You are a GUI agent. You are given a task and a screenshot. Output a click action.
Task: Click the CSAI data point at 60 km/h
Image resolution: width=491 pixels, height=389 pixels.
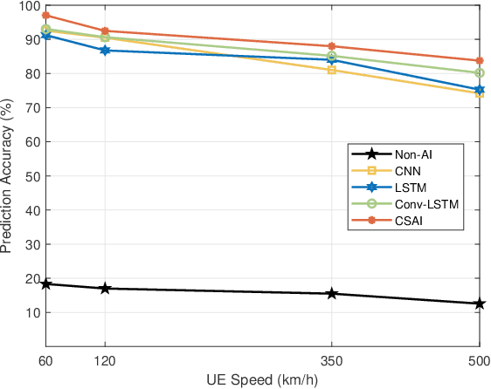pos(46,16)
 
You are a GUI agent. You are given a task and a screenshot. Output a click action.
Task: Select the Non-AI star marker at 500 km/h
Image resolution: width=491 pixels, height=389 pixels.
pos(480,304)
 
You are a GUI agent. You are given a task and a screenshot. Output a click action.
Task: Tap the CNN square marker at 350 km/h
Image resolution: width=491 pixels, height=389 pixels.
pos(332,70)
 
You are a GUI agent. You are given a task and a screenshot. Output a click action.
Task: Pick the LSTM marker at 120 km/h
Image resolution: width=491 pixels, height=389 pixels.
pos(106,51)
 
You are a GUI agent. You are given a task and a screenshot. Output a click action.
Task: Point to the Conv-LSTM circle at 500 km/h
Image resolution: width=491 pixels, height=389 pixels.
pos(480,73)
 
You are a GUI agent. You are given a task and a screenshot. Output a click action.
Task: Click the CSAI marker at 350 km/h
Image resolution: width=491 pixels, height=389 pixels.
pos(332,46)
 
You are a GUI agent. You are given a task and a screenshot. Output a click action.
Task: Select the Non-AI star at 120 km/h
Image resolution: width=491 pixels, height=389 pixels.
pos(106,288)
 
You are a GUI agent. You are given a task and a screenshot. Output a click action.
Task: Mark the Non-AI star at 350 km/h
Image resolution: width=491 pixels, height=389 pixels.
pos(332,294)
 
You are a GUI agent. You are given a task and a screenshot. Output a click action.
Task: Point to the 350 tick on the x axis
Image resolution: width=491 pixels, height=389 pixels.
pos(332,358)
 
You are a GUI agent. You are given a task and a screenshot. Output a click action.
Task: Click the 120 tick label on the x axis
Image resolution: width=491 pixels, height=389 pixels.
pos(106,358)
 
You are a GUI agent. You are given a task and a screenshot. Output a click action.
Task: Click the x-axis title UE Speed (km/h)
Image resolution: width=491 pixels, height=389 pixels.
pos(262,379)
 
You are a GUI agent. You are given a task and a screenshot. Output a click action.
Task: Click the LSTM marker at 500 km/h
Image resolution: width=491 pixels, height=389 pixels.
pos(480,90)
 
